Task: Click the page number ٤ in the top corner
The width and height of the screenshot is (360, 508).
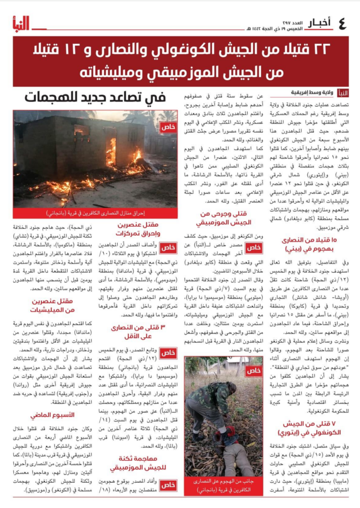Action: [x=342, y=23]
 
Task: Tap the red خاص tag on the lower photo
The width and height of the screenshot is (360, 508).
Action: [x=253, y=370]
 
